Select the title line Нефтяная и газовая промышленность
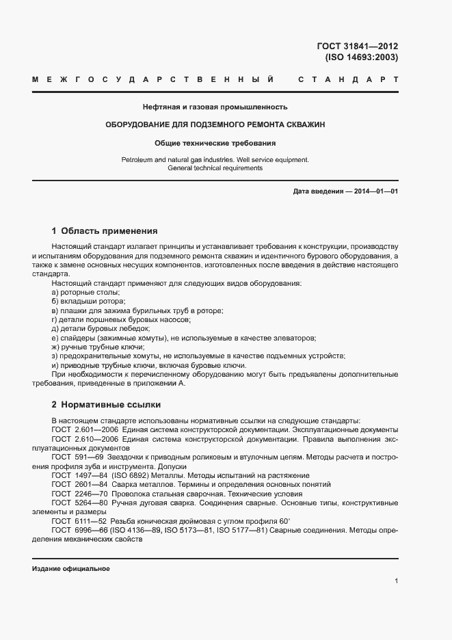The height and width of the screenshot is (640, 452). click(x=215, y=107)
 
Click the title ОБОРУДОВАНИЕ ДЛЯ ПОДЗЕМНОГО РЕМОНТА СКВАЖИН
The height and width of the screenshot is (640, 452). click(x=215, y=125)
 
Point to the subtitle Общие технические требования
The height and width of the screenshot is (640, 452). click(x=215, y=144)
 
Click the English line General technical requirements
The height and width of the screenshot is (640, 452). click(x=215, y=168)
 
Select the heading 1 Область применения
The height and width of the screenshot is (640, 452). click(x=105, y=231)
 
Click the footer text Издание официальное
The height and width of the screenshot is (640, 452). click(x=70, y=569)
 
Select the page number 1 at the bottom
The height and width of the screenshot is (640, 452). click(x=396, y=581)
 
